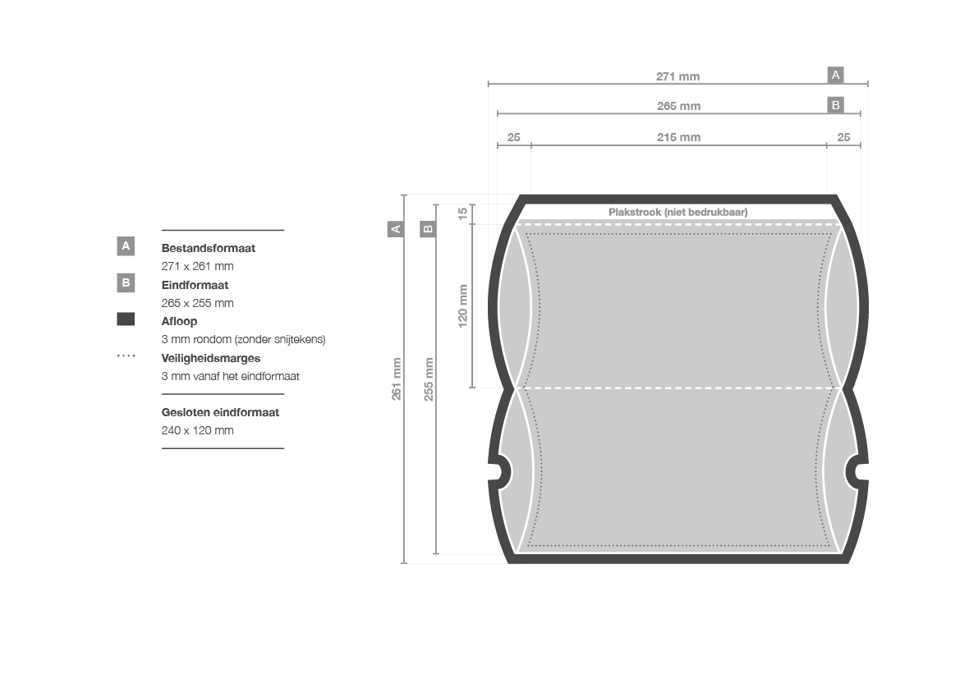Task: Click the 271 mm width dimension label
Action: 678,76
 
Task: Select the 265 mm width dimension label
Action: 678,106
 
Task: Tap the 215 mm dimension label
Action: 678,137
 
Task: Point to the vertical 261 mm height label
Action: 397,379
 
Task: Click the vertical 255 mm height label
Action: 429,379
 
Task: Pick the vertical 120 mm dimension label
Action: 463,306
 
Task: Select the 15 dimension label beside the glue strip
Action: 463,213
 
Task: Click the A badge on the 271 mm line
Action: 836,75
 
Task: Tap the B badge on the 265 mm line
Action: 836,105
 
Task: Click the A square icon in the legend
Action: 126,246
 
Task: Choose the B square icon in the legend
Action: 126,283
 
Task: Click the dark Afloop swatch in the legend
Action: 126,319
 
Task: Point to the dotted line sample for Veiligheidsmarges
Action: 126,356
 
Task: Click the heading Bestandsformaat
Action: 208,248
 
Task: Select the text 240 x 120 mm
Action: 197,430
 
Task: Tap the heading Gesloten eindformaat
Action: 220,413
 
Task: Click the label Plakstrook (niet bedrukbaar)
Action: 678,213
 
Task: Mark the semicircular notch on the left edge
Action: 501,471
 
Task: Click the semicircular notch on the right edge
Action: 856,471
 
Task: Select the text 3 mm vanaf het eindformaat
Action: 230,377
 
